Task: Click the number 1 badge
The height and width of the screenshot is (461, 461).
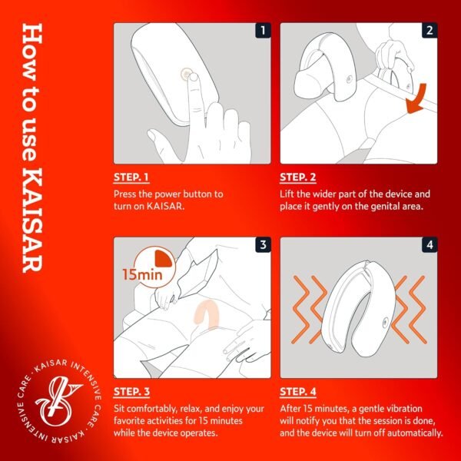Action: [x=262, y=32]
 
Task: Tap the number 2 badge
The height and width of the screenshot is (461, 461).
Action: [x=429, y=32]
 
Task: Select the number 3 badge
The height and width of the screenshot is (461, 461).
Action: [x=262, y=246]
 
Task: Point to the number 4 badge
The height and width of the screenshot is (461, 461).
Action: [x=429, y=246]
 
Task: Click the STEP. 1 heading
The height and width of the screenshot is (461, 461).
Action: [x=131, y=177]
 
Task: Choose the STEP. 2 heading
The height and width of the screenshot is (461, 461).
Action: [x=298, y=177]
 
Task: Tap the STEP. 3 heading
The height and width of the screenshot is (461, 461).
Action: [x=131, y=392]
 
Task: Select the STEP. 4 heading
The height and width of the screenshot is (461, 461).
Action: [x=298, y=392]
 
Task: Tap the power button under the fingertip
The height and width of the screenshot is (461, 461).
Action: [x=185, y=75]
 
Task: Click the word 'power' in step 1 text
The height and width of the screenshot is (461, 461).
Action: [x=166, y=194]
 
